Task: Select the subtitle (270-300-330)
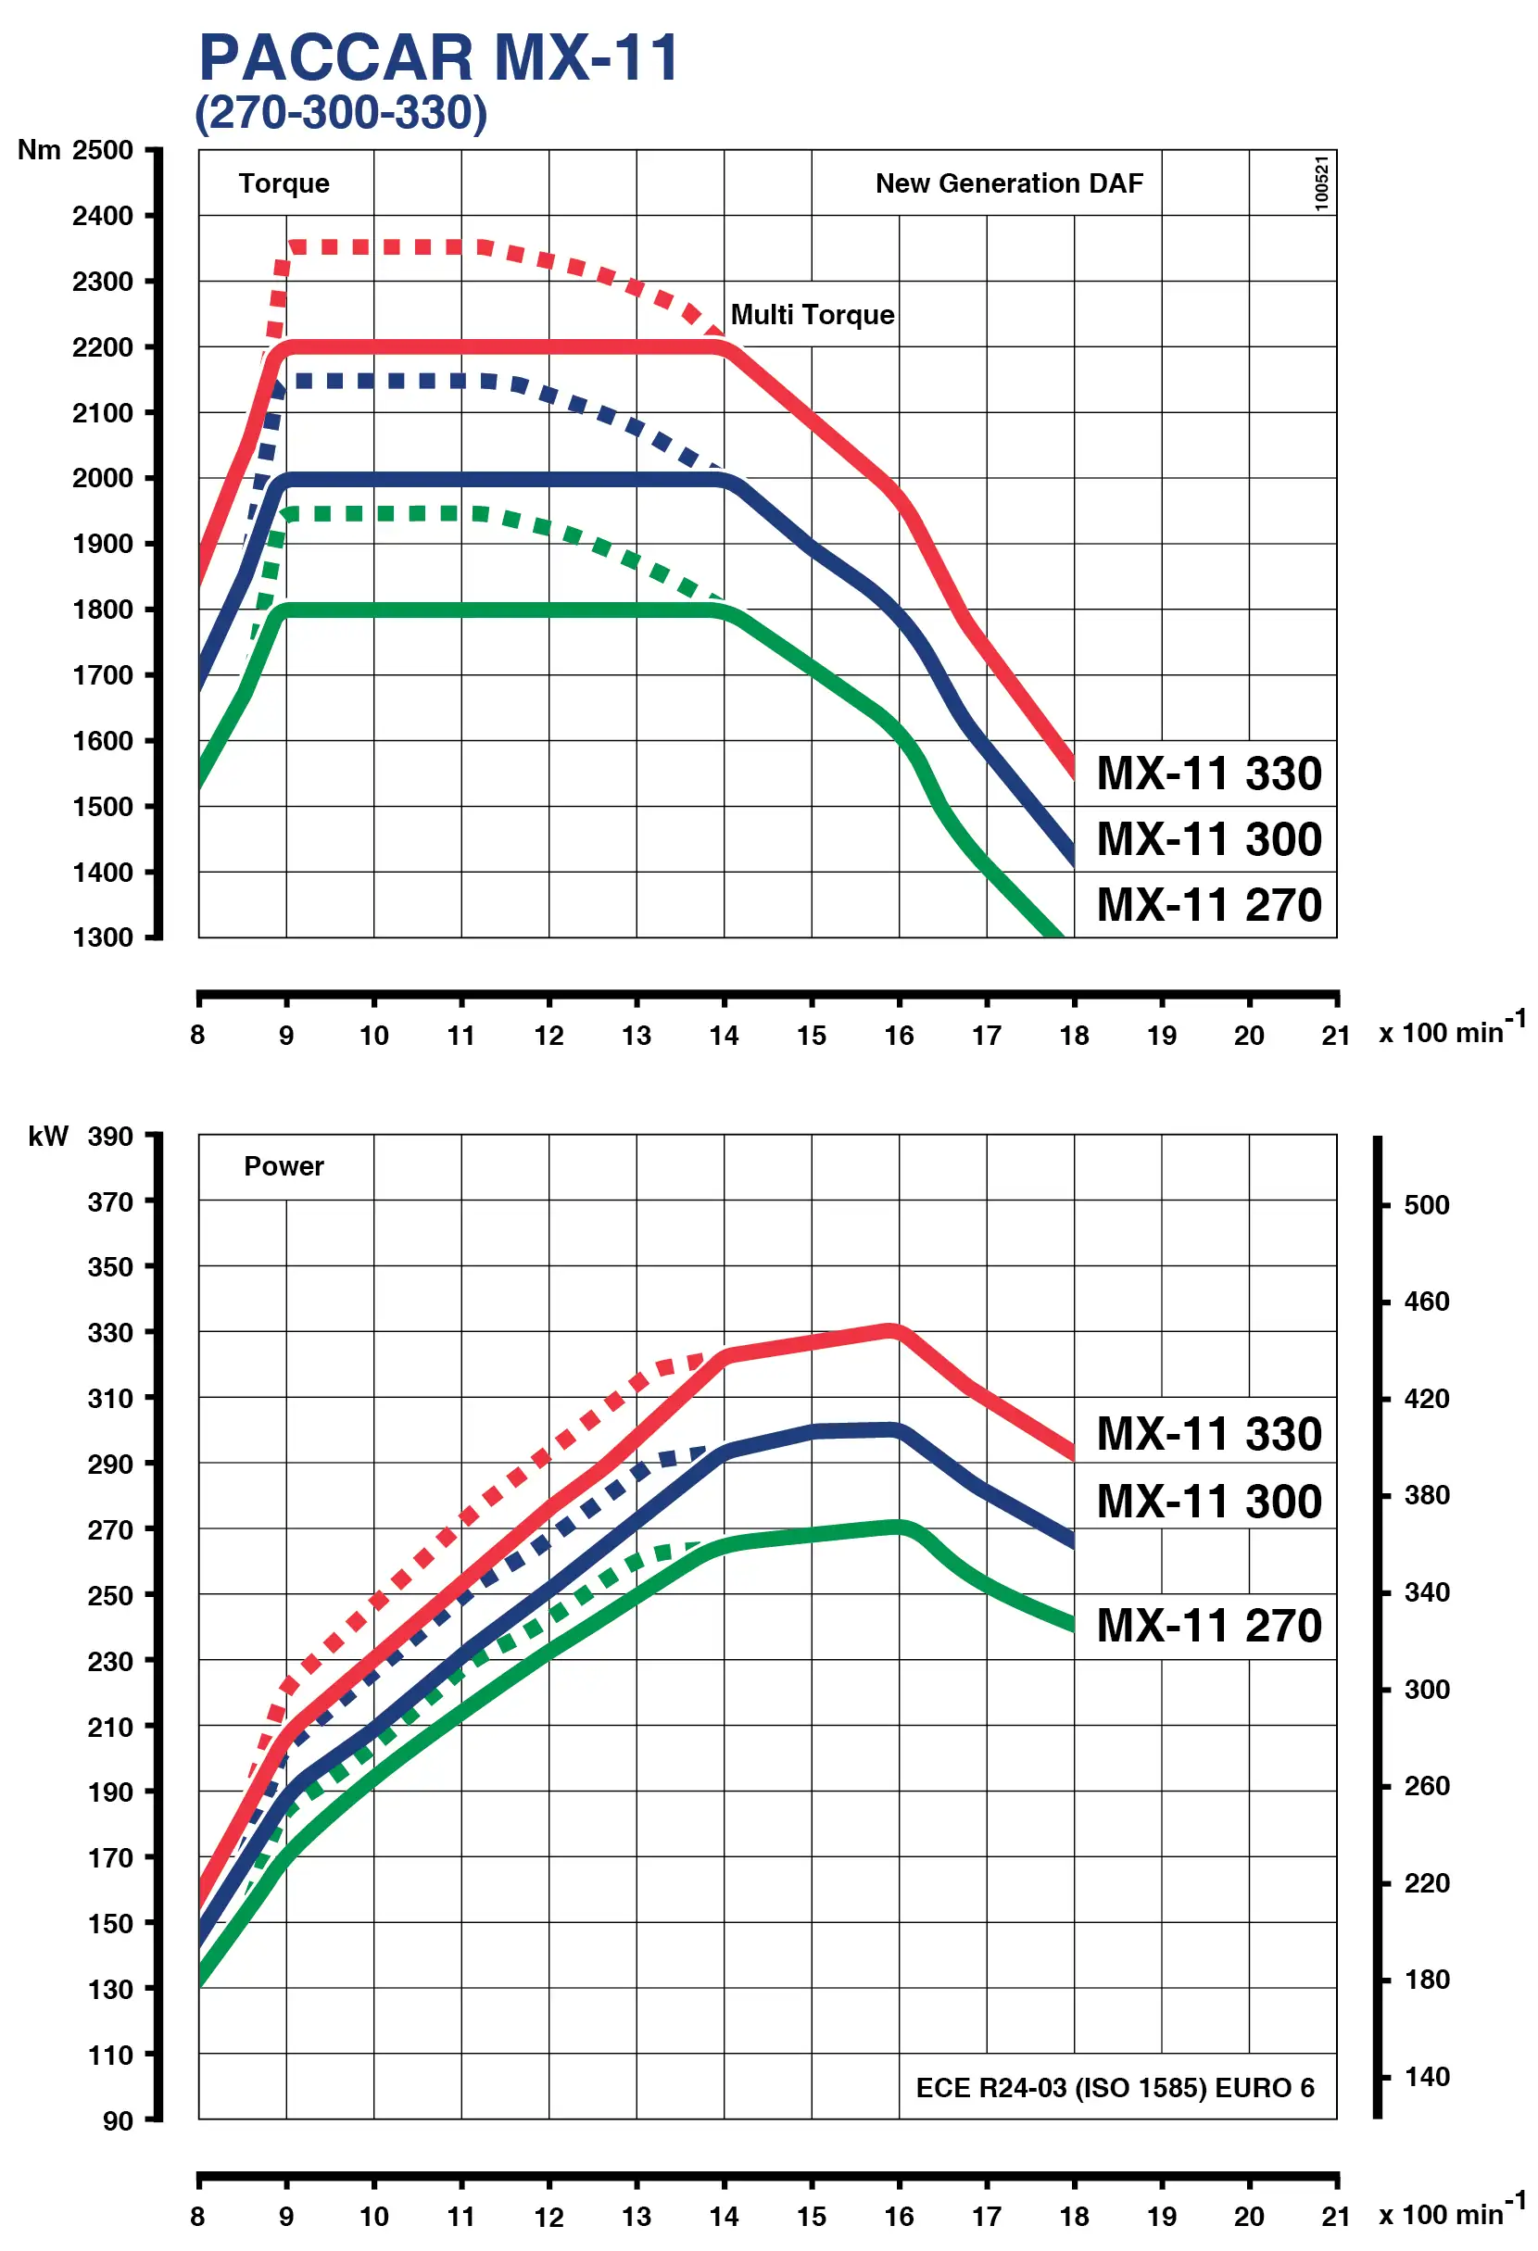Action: [341, 112]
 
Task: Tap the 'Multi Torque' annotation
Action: [812, 315]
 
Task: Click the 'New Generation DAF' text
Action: [1008, 183]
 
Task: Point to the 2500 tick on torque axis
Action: [103, 150]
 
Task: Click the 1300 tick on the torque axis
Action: [103, 937]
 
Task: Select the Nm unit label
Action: [39, 150]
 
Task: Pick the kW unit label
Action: [48, 1137]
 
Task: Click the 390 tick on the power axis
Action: [110, 1137]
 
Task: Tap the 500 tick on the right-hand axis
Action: [1426, 1205]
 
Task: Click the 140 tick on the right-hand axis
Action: [1426, 2077]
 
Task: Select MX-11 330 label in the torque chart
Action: [1208, 773]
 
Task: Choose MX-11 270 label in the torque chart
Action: [1208, 906]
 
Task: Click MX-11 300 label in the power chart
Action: [1208, 1503]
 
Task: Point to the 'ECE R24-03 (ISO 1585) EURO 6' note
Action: [1114, 2088]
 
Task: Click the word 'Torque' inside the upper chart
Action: [284, 183]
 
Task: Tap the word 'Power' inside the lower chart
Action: [284, 1166]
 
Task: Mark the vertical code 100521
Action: [1321, 183]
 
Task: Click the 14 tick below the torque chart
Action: [724, 1037]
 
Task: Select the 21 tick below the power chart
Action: [1336, 2217]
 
